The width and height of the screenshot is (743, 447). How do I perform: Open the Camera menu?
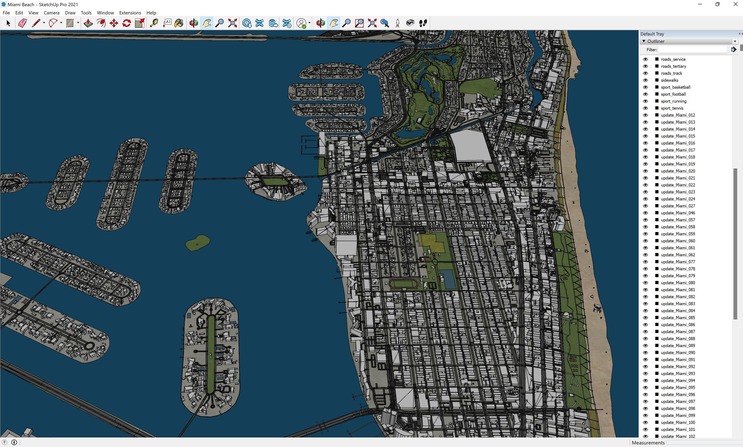pyautogui.click(x=51, y=13)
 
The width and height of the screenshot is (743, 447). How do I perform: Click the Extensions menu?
pyautogui.click(x=130, y=13)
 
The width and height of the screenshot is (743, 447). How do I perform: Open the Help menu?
pyautogui.click(x=151, y=13)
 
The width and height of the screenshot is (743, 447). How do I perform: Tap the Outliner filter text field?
pyautogui.click(x=692, y=50)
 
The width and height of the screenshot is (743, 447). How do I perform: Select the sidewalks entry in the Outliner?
pyautogui.click(x=669, y=80)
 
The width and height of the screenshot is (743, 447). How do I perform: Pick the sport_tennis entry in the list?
pyautogui.click(x=672, y=108)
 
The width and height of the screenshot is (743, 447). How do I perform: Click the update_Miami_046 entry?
pyautogui.click(x=678, y=213)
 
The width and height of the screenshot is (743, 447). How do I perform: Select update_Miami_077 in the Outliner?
pyautogui.click(x=678, y=262)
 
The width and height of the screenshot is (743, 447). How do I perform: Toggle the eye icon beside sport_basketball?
pyautogui.click(x=645, y=87)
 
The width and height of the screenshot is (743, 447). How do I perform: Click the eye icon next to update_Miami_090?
pyautogui.click(x=645, y=352)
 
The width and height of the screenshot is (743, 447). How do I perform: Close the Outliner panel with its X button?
pyautogui.click(x=735, y=41)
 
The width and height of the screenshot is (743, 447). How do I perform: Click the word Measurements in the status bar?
pyautogui.click(x=648, y=443)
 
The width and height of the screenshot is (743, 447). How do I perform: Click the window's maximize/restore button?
pyautogui.click(x=717, y=4)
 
